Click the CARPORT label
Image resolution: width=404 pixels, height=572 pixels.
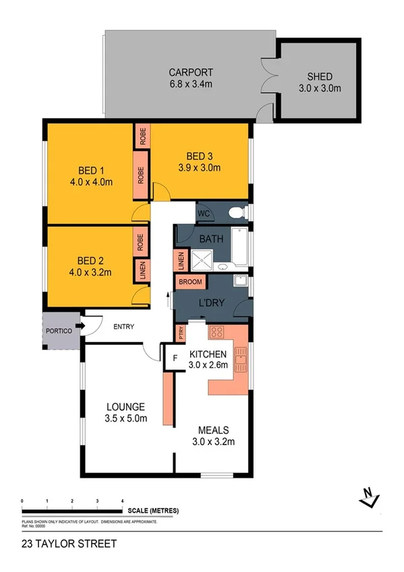click(191, 72)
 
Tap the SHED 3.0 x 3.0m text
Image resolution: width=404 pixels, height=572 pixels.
click(320, 88)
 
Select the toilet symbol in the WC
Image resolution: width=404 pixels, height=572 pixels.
click(235, 213)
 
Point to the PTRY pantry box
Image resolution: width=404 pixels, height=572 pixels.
click(180, 333)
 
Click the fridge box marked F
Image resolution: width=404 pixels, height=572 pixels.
click(175, 357)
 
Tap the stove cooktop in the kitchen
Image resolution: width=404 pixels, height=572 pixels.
click(218, 332)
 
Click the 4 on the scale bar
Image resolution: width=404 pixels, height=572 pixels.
click(122, 501)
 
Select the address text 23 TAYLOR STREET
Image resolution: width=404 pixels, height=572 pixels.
click(59, 544)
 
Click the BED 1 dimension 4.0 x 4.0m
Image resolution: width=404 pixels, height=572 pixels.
click(90, 181)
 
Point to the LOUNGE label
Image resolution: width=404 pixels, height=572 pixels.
click(125, 407)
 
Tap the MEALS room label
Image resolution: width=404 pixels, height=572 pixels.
click(212, 430)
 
